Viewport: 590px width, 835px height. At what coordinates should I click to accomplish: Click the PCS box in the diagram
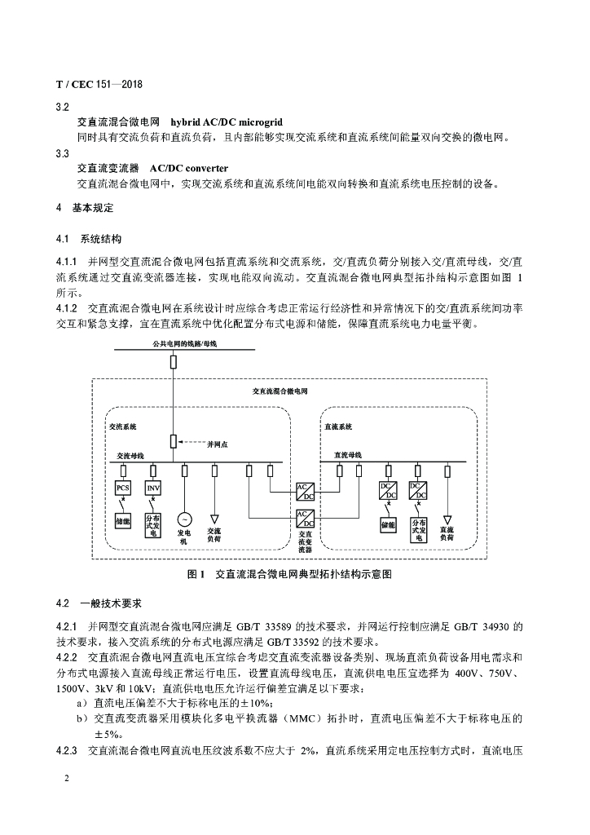[123, 488]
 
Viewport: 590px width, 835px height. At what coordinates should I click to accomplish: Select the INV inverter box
[153, 488]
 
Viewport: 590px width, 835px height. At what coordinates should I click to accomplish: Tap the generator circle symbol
[184, 519]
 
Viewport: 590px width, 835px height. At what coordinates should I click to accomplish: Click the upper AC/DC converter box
[305, 491]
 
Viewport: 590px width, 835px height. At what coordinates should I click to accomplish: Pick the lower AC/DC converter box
[305, 519]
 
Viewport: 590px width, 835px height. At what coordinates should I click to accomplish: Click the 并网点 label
[218, 444]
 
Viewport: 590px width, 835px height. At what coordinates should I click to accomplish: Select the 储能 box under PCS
[123, 520]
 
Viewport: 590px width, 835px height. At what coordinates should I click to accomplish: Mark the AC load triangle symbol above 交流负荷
[215, 518]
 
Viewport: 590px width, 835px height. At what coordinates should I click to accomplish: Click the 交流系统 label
[123, 426]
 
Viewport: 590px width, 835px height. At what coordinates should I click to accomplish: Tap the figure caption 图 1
[196, 574]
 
